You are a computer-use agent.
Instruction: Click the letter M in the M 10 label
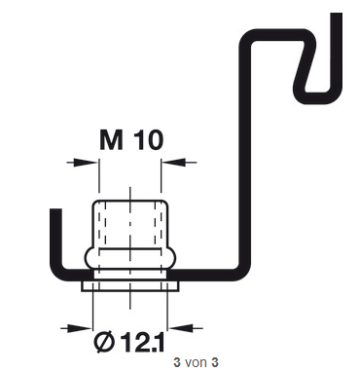point(111,140)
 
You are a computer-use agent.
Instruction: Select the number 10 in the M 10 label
point(148,140)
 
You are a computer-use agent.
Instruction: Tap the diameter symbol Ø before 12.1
point(104,342)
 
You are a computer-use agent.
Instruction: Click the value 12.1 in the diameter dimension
point(142,342)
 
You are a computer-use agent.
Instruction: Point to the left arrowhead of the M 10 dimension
point(86,162)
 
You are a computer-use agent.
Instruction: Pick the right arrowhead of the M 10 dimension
point(174,162)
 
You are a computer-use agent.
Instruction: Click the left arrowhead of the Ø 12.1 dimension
point(80,328)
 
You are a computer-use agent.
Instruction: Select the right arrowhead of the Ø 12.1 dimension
point(181,328)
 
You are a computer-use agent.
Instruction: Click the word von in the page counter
point(197,362)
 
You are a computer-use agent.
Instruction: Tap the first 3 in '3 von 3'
point(177,362)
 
